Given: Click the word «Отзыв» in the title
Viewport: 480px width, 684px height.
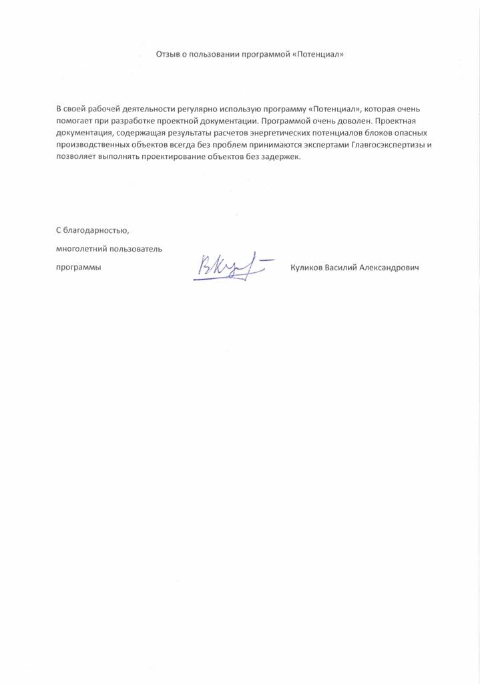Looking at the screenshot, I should click(x=168, y=53).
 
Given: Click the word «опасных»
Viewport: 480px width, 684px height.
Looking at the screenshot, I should click(x=405, y=133).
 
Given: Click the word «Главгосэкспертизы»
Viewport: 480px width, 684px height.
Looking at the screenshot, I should click(x=389, y=145).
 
